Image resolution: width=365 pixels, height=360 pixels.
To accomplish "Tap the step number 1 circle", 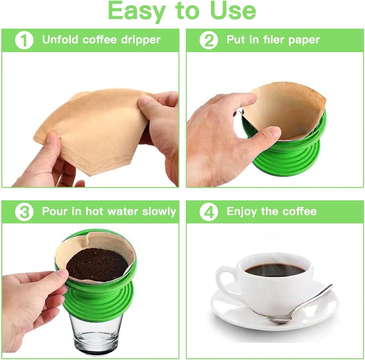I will coord(24,40).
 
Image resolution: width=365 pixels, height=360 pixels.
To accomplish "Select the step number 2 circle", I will coord(209,40).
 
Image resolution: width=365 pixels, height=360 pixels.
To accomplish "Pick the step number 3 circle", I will coord(24,212).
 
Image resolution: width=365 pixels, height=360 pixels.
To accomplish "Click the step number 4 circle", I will coord(209,212).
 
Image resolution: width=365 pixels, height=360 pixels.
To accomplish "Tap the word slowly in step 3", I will coord(159,211).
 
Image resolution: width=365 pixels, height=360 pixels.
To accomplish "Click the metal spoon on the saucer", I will coord(299,305).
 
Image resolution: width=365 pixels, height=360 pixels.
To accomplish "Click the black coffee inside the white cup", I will coord(275,270).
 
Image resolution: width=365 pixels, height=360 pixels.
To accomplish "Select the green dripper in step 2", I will coord(285,157).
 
